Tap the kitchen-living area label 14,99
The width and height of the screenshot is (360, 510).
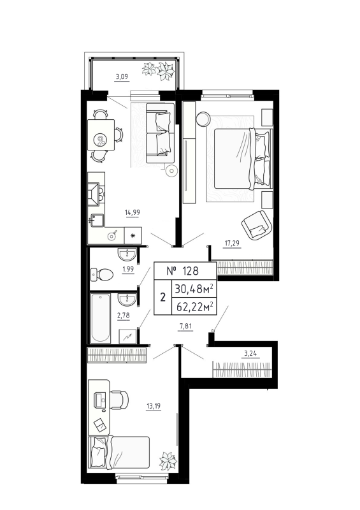click(133, 215)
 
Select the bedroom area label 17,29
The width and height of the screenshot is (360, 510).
click(233, 242)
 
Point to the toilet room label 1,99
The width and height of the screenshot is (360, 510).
click(128, 270)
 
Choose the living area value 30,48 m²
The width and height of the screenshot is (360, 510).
click(198, 288)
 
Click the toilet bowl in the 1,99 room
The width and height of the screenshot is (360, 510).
click(102, 275)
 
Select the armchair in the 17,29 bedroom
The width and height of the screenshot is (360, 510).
click(257, 222)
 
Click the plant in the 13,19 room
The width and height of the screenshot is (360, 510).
click(169, 461)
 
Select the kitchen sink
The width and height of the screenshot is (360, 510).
click(98, 221)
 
